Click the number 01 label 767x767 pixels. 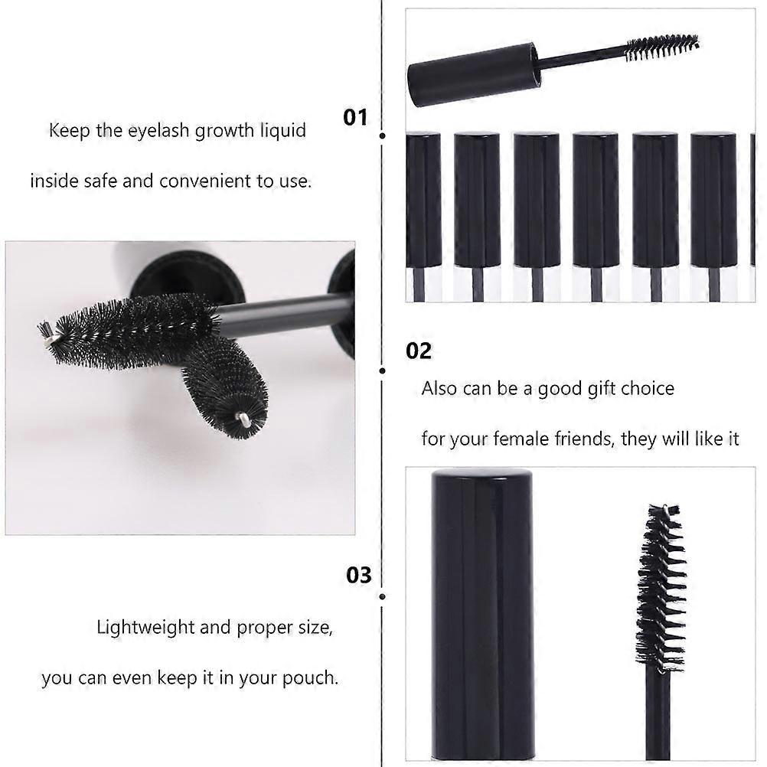tap(355, 117)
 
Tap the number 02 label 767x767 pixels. tap(419, 351)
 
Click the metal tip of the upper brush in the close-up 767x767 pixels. tap(45, 329)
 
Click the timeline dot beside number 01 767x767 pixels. tap(383, 136)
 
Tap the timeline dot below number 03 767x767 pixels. tap(382, 596)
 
